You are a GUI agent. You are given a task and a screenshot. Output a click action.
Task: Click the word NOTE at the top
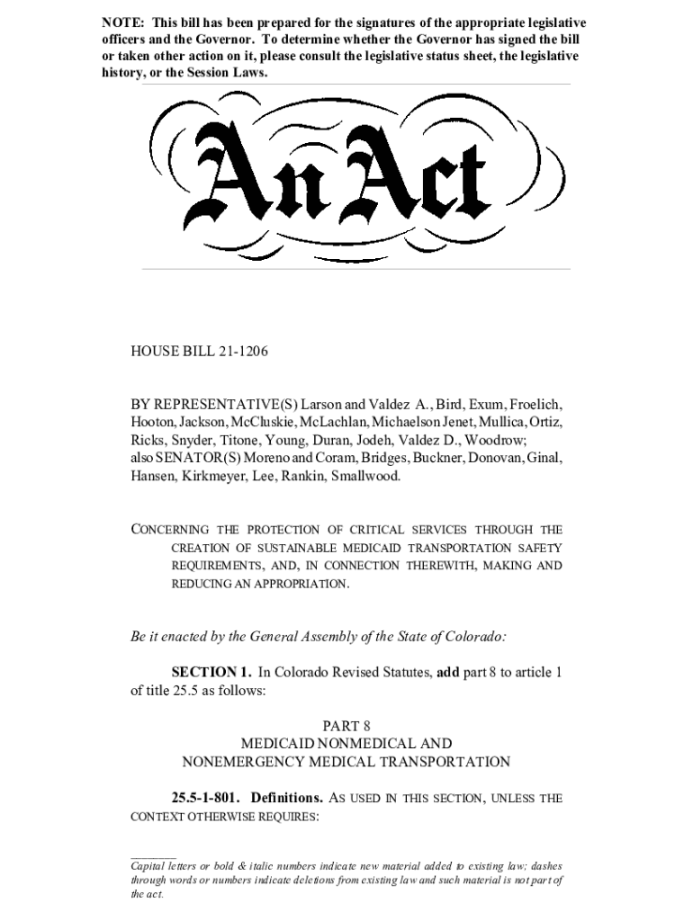[121, 22]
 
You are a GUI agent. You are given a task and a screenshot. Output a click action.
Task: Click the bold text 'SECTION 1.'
[211, 672]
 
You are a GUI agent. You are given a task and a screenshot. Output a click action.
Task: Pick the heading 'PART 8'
[346, 726]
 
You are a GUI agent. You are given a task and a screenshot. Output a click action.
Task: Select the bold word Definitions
[287, 798]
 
